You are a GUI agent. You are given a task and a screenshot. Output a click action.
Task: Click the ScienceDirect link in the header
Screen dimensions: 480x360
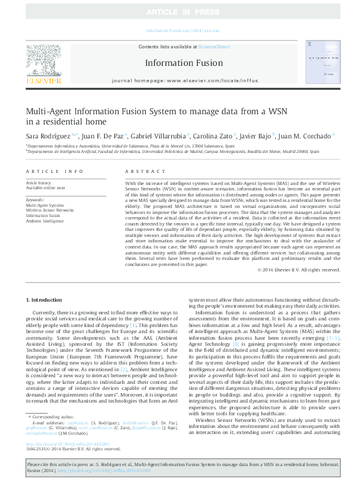[x=214, y=46]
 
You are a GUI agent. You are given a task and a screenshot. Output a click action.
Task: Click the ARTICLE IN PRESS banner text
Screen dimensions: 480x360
[x=180, y=11]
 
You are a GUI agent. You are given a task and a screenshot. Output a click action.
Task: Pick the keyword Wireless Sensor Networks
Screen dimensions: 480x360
[x=50, y=210]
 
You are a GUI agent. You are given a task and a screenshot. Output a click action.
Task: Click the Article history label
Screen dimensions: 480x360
[x=39, y=183]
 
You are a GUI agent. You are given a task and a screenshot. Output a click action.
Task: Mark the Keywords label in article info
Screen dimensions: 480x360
[x=36, y=199]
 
